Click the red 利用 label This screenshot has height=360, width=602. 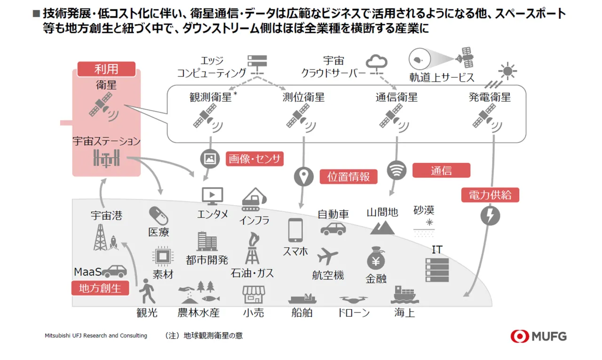(106, 69)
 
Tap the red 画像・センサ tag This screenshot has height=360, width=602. (255, 159)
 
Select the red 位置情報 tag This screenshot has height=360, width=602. (349, 176)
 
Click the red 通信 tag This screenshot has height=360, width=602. (441, 170)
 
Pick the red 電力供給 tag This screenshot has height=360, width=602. (490, 195)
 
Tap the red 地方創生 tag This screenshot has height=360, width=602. (100, 288)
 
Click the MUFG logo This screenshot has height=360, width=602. (539, 336)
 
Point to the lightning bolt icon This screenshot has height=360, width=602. (490, 216)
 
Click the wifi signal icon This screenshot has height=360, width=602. (396, 170)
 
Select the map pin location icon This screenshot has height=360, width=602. (303, 176)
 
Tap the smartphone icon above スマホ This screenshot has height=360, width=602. (295, 231)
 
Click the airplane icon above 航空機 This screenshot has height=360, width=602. (328, 256)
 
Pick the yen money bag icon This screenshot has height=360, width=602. (376, 258)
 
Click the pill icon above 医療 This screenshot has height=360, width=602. (158, 215)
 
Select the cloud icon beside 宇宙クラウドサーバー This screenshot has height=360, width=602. (377, 62)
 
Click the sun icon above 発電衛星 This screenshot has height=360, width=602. (507, 72)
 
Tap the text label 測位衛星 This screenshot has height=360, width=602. (303, 97)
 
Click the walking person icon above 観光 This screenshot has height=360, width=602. (147, 291)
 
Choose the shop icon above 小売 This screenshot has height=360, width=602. (253, 294)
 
